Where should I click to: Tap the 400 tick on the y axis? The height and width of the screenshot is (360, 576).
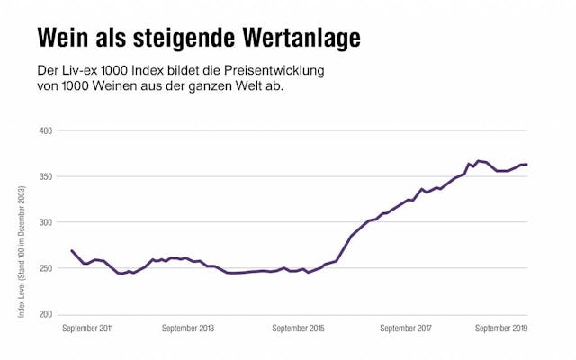point(46,130)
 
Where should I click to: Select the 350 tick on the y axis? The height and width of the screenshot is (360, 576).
point(46,176)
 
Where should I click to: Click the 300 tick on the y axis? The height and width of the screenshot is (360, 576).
point(46,222)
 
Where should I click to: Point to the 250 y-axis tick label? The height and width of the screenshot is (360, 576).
point(46,268)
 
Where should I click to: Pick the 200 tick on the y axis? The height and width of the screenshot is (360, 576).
point(46,314)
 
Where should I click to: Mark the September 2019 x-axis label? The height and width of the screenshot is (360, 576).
point(501,328)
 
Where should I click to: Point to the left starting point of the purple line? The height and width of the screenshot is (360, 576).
point(71,251)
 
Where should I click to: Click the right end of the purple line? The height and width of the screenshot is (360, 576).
point(526,164)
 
